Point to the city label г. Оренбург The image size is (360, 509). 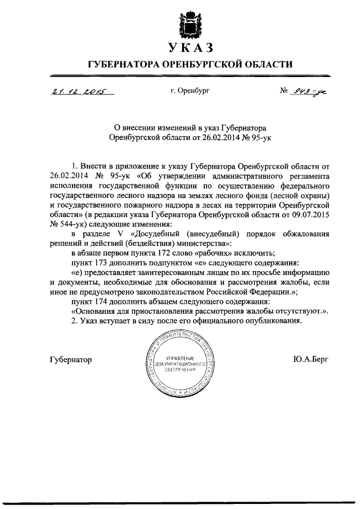pos(190,90)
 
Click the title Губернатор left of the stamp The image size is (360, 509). pos(70,359)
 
